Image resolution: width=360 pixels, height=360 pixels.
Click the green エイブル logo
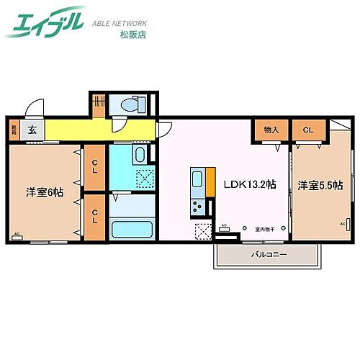click(x=45, y=23)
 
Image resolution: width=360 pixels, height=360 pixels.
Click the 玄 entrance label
click(x=32, y=130)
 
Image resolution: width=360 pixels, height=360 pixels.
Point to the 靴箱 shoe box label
click(x=14, y=130)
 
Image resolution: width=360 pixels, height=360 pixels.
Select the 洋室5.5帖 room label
click(x=320, y=185)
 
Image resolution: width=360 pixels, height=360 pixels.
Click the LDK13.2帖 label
click(x=248, y=185)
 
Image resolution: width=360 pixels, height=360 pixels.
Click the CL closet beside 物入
click(x=307, y=130)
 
